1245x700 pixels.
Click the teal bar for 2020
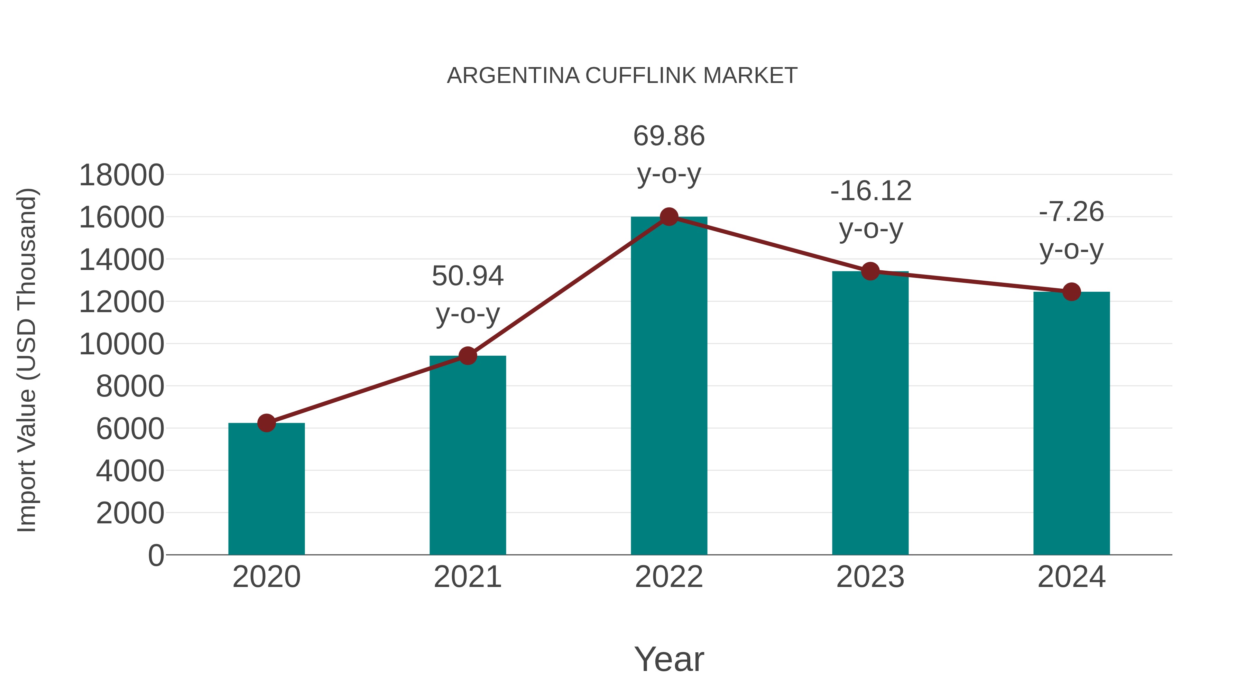coord(266,488)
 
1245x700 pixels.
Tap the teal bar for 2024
coord(1071,423)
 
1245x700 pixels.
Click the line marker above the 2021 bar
coord(467,356)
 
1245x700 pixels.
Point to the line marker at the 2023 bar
coord(870,271)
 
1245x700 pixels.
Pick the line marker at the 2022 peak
coord(669,217)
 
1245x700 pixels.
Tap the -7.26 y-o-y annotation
coord(1071,231)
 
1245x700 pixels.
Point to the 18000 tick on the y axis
coord(121,175)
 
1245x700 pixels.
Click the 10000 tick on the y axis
coord(121,344)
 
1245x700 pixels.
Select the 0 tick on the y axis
coord(156,555)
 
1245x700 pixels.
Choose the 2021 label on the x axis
coord(467,577)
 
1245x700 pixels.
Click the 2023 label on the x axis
coord(870,577)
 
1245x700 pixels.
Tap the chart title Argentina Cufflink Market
coord(622,76)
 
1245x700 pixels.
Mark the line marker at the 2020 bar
coord(266,423)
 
